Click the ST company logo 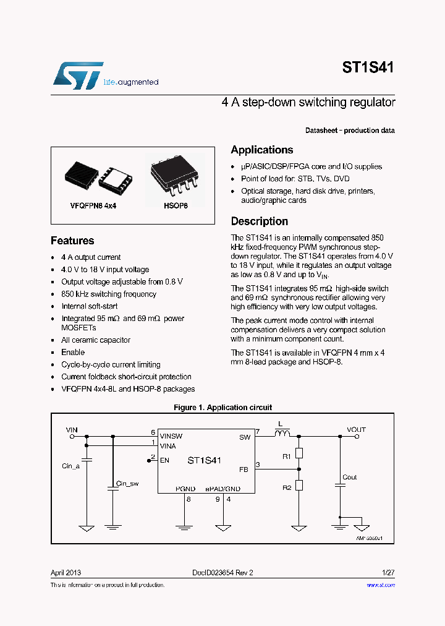(78, 75)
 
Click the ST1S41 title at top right (368, 67)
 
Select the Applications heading (262, 150)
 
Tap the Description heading (259, 221)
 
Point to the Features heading (72, 241)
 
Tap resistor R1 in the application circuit (299, 454)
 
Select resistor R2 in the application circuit (299, 485)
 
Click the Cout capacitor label (350, 477)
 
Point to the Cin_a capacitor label (71, 466)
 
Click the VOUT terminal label (356, 429)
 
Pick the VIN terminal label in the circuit (72, 429)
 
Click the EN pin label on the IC (164, 460)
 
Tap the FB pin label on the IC (244, 469)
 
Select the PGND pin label (185, 489)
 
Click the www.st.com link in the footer (381, 585)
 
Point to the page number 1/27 (388, 573)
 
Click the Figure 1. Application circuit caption (222, 408)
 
